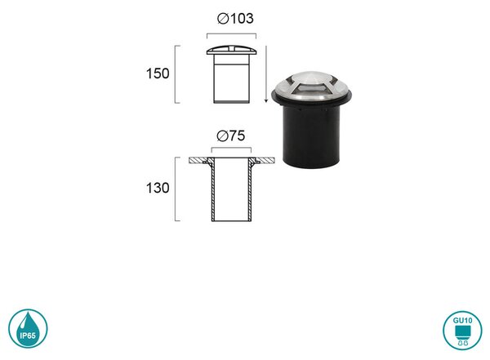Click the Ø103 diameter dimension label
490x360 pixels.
coord(235,19)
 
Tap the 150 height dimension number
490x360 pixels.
coord(158,73)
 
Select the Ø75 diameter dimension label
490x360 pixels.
coord(231,136)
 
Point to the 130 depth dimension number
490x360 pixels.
coord(158,188)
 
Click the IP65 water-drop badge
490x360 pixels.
coord(28,328)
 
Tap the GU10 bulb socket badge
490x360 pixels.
coord(462,330)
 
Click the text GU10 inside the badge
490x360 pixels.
coord(462,321)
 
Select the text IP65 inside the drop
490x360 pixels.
coord(28,336)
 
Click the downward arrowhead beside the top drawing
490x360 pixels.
coord(266,100)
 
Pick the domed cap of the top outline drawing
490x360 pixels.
coord(232,50)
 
